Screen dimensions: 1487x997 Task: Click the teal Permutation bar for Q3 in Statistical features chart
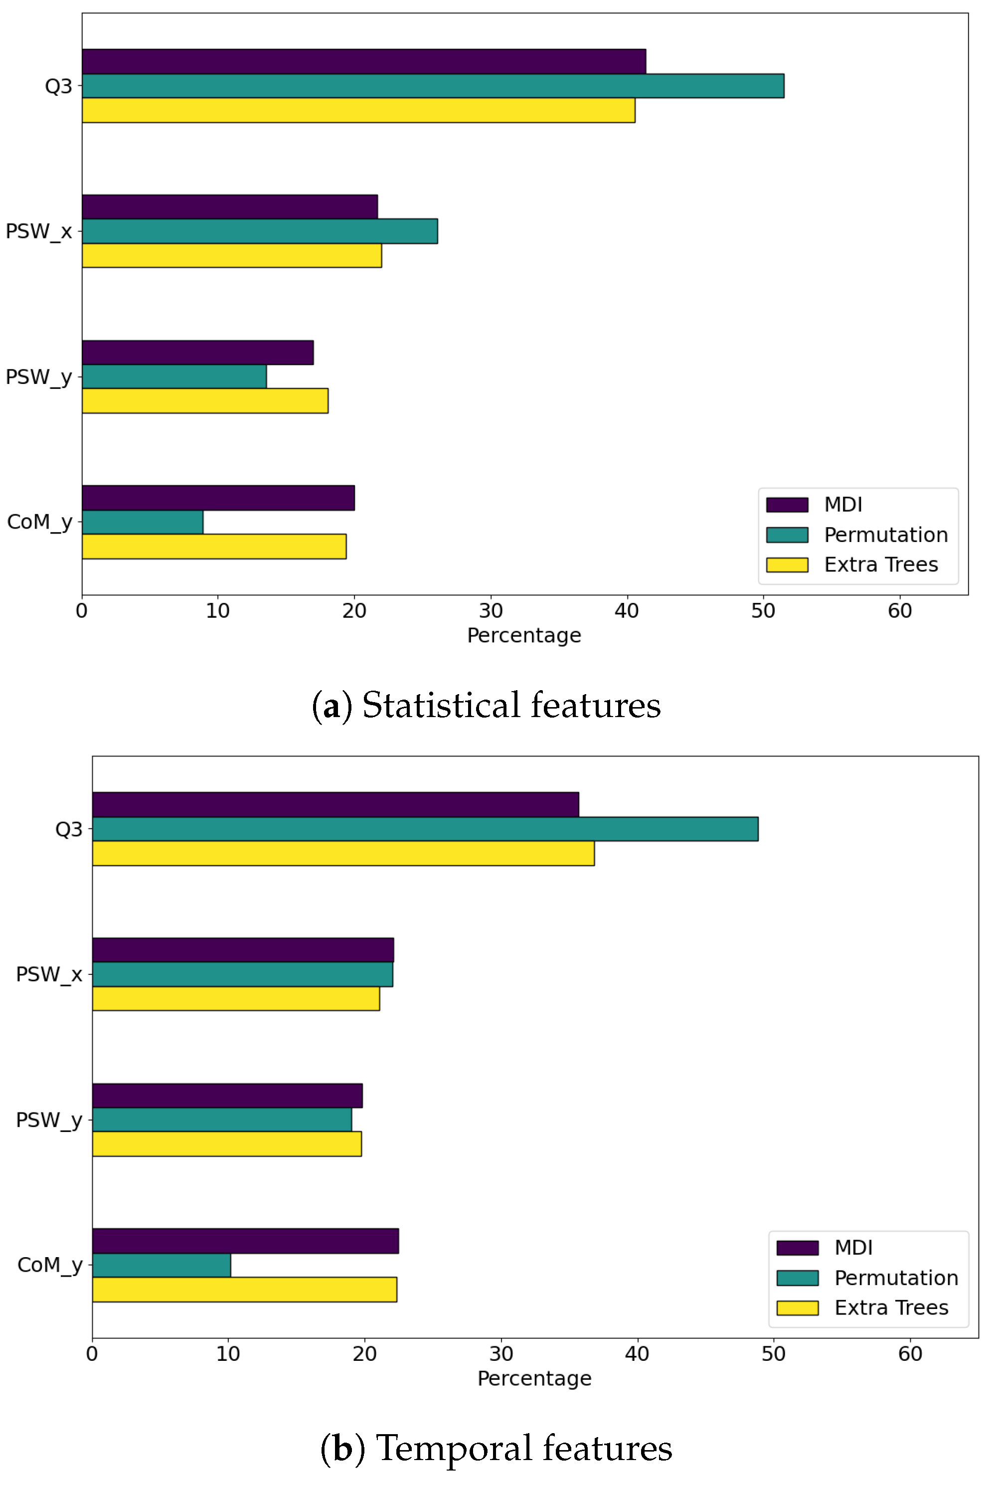[x=432, y=86]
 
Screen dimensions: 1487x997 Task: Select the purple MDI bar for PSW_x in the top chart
[x=229, y=207]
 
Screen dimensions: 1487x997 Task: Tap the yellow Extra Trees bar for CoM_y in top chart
[x=214, y=547]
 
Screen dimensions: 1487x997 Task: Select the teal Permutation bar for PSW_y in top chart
[x=174, y=376]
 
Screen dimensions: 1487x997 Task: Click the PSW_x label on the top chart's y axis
[x=38, y=231]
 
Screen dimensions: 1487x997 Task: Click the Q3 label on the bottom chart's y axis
[x=69, y=829]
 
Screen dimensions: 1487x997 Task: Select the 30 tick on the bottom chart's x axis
[x=501, y=1354]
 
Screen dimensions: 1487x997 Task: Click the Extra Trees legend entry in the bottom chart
[x=891, y=1307]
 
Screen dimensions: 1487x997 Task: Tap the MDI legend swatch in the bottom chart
[x=797, y=1248]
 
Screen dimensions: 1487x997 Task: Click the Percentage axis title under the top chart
[x=524, y=635]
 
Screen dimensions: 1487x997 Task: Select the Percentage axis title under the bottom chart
[x=534, y=1378]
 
